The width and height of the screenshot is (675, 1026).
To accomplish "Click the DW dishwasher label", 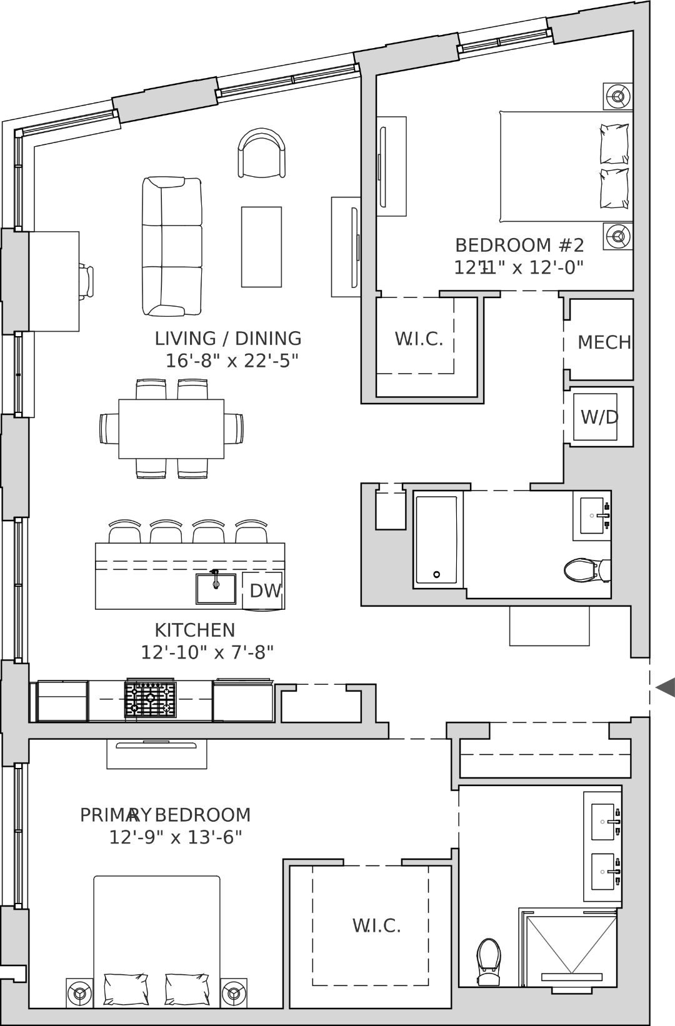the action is pos(266,591).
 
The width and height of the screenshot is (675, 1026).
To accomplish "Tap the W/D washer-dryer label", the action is pos(599,417).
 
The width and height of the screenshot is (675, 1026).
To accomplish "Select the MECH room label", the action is pos(604,342).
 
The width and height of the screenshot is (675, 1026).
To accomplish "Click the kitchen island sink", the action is pos(216,589).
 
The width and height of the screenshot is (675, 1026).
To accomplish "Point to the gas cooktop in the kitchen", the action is pos(150,699).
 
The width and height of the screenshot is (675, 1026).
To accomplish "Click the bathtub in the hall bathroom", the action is pos(436,540).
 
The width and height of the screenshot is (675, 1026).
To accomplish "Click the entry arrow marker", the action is pos(666,687).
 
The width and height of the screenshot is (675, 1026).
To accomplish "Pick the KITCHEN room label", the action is pos(195,630).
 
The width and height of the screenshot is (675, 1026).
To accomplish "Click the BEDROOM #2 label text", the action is pos(519,246).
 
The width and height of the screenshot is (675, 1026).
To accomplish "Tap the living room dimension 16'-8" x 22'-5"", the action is pos(232,361).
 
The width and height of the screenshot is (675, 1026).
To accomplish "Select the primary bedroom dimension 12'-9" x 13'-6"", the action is pos(175,837).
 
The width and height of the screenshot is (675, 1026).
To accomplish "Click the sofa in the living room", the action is pos(172,246).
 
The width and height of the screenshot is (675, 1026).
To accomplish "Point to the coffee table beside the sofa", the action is pos(262,247).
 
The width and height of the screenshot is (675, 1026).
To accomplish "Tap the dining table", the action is pos(171,429).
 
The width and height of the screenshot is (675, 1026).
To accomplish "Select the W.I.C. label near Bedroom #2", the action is pos(419,339).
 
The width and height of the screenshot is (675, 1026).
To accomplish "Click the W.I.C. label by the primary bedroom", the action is pos(377,925).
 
